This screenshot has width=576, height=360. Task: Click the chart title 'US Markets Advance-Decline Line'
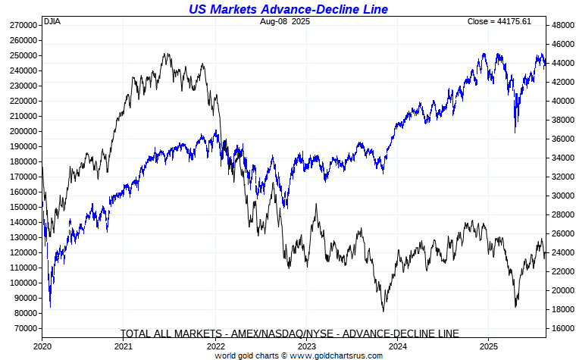289,8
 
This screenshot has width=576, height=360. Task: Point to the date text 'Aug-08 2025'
284,21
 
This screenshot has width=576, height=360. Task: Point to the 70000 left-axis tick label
25,328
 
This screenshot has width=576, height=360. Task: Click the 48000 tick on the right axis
564,25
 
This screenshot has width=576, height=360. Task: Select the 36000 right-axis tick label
564,139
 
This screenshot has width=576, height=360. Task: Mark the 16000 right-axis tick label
564,328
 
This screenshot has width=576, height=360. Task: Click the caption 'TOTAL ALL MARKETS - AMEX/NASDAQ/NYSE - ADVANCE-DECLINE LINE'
290,333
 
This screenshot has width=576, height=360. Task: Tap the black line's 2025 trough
515,305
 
